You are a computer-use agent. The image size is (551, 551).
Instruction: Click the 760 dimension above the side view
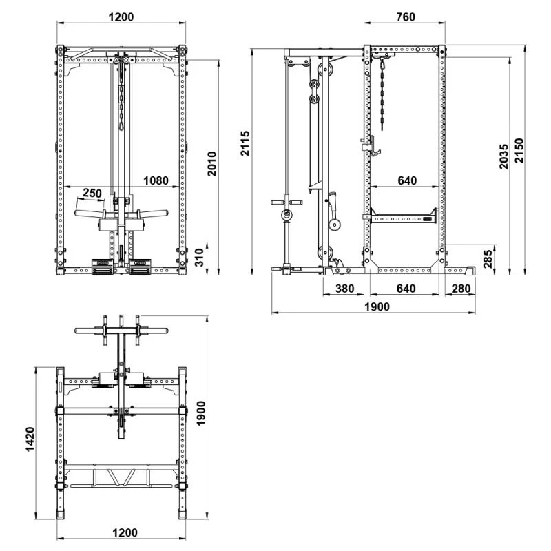click(x=406, y=17)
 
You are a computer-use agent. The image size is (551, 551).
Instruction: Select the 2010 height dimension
click(x=211, y=164)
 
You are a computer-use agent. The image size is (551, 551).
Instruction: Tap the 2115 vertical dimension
click(x=245, y=143)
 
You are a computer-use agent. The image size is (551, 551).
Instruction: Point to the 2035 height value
click(x=504, y=156)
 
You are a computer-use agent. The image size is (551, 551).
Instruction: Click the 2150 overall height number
click(x=519, y=150)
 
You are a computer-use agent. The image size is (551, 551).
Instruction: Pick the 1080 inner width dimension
click(x=156, y=180)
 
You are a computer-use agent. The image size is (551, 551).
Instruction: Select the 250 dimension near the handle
click(x=92, y=193)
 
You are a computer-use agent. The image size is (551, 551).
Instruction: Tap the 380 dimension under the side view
click(x=345, y=289)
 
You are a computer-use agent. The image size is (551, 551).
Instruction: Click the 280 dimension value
click(x=461, y=289)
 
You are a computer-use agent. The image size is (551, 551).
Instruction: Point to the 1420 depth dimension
click(x=30, y=439)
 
